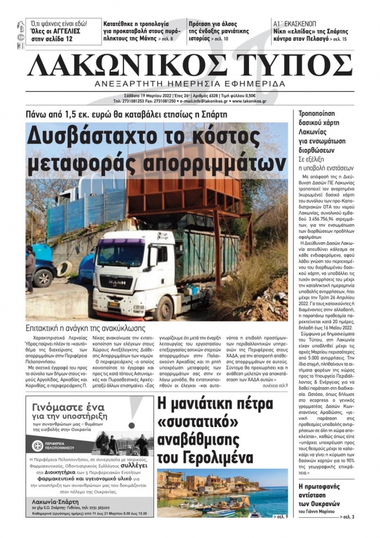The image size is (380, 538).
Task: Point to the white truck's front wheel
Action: (164, 309)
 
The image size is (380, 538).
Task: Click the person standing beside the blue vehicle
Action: (30, 270)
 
